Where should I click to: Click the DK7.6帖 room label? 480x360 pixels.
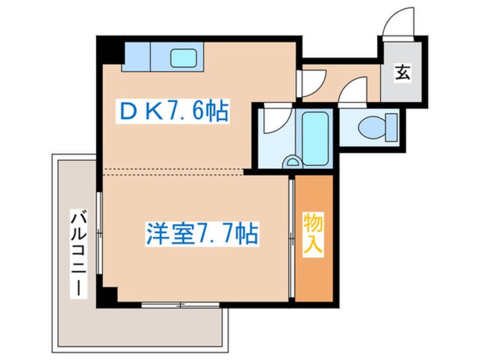click(x=172, y=112)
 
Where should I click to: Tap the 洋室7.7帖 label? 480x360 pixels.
click(x=201, y=233)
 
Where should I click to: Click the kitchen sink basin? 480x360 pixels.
click(x=183, y=57)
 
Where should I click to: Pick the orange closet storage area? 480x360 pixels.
click(x=314, y=267)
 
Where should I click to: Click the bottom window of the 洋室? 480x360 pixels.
click(x=180, y=305)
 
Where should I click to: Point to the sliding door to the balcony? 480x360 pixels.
click(x=99, y=233)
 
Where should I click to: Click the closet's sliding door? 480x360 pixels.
click(x=292, y=238)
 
